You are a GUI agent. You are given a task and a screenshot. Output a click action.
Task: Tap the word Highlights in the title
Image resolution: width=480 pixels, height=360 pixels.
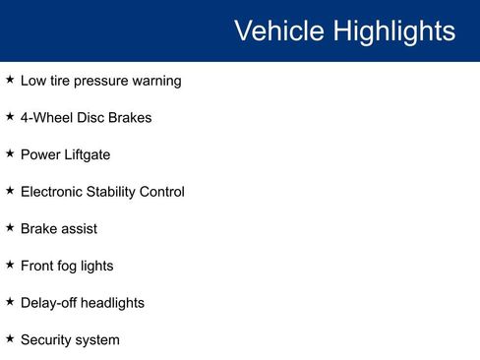pos(393,31)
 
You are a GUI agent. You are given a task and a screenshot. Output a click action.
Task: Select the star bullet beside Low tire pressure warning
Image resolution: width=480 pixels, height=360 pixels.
pos(10,80)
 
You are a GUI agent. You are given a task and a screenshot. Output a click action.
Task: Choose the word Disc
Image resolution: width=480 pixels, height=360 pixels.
pos(92,118)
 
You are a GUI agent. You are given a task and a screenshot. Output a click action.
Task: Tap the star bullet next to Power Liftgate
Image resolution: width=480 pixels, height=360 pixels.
pos(10,153)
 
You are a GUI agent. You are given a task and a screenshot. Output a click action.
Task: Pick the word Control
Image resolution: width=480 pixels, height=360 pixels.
pos(162,192)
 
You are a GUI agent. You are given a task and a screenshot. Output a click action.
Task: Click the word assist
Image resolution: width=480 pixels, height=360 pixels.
pos(78,228)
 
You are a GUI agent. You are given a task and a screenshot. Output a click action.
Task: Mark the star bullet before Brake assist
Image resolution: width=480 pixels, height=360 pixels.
pos(10,227)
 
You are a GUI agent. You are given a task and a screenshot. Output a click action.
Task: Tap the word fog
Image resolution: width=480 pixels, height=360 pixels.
pos(72,266)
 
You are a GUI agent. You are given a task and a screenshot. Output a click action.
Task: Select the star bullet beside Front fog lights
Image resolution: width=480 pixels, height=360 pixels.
pos(10,265)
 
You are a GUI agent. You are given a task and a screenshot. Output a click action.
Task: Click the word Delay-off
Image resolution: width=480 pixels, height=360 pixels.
pos(48,303)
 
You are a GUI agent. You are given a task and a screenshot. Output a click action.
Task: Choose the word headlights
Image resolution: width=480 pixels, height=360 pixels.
pos(112,303)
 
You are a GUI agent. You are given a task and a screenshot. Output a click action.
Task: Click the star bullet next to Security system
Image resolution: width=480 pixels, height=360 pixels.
pos(10,338)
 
